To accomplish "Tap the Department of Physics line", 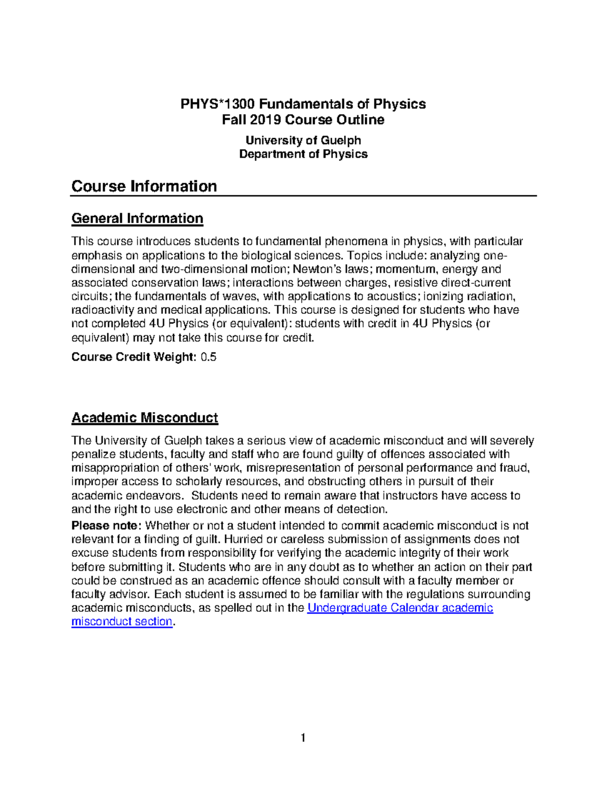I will click(303, 154).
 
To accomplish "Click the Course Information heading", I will click(144, 186).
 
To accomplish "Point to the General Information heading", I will click(137, 219).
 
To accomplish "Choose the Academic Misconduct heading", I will click(145, 418).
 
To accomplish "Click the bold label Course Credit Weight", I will click(134, 357).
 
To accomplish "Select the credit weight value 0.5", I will click(208, 357).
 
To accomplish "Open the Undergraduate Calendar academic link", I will click(400, 608).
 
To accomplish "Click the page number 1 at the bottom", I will click(303, 738).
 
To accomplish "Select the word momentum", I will click(403, 269).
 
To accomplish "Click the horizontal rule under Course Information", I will click(303, 196).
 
